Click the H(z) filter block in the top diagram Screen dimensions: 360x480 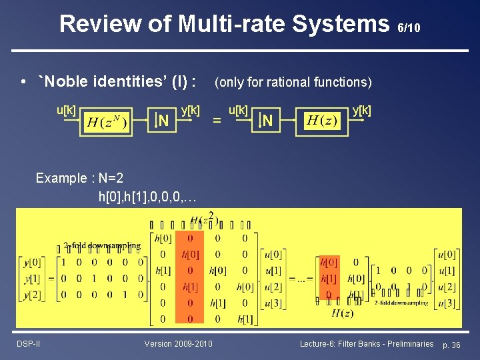click(323, 121)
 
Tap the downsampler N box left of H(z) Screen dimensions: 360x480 click(266, 121)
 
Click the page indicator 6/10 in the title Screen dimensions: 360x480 click(409, 28)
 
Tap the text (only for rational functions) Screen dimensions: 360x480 click(293, 82)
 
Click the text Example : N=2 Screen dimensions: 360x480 click(79, 178)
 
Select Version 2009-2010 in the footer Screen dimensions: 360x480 click(179, 343)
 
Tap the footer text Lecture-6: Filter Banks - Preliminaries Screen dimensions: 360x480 click(367, 343)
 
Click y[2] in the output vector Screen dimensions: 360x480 click(30, 295)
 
